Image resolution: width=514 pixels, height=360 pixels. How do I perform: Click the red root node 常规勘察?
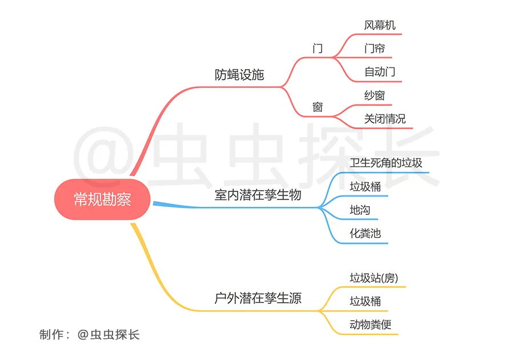(102, 199)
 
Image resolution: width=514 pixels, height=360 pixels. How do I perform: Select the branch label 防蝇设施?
(239, 75)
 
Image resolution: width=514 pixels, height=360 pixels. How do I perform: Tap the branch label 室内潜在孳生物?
(258, 195)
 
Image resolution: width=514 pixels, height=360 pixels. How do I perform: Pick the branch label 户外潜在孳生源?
(258, 298)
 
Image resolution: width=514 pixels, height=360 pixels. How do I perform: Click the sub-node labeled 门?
(318, 49)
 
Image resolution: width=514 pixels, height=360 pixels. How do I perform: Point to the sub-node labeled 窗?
(318, 107)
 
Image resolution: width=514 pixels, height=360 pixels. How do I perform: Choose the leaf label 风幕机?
(380, 25)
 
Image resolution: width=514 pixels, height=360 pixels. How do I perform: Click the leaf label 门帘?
(374, 49)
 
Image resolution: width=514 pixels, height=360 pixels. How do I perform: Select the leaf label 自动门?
(380, 72)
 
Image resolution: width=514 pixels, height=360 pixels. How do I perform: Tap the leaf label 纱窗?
(374, 95)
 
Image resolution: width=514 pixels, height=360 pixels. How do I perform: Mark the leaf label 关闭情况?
(385, 119)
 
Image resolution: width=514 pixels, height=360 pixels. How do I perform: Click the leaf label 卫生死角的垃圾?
(386, 163)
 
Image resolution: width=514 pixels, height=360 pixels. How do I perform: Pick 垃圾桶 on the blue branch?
(365, 186)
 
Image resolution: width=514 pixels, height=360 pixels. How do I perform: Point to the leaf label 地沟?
(360, 210)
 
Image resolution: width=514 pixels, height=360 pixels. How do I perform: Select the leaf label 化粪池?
(365, 234)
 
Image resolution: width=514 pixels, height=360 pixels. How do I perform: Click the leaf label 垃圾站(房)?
(374, 278)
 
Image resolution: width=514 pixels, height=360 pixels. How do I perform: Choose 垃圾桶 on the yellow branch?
(365, 301)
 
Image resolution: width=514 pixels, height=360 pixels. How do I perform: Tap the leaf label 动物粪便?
(371, 325)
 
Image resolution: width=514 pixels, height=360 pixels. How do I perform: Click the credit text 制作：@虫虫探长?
(90, 335)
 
